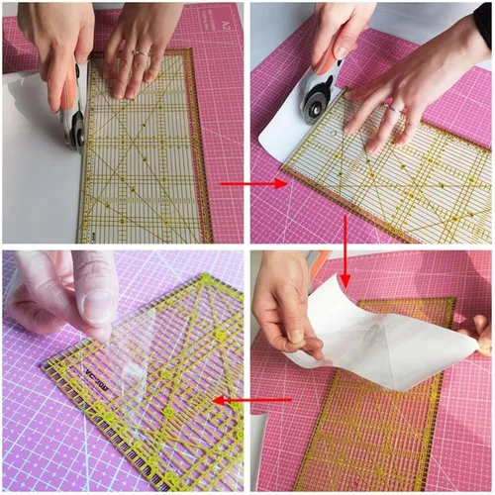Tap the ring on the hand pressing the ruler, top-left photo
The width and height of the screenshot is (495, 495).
(x=142, y=53)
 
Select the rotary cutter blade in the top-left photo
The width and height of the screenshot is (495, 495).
(x=75, y=128)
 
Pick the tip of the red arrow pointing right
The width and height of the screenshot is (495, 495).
(x=287, y=183)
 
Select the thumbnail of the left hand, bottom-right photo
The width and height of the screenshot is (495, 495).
(x=295, y=337)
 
